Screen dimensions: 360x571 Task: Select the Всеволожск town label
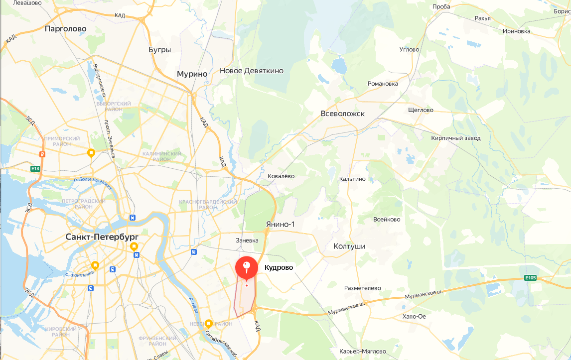[x=342, y=114]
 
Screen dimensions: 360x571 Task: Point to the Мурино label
[x=192, y=74]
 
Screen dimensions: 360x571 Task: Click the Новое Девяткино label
[x=252, y=71]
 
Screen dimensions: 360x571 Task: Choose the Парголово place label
[x=65, y=29]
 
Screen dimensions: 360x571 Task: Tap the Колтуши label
[x=349, y=246]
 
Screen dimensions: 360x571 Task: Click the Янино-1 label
[x=280, y=224]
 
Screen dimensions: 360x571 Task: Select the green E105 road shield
[x=530, y=278]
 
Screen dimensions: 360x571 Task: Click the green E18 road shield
[x=35, y=169]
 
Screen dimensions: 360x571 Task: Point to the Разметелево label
[x=362, y=288]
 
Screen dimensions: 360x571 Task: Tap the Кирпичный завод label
[x=456, y=138]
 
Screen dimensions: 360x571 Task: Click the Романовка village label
[x=383, y=84]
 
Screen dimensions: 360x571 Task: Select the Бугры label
[x=159, y=50]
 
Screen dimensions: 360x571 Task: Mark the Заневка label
[x=247, y=240]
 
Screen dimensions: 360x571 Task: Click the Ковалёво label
[x=281, y=176]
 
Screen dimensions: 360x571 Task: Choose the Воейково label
[x=387, y=219]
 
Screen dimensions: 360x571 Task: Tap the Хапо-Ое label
[x=414, y=316]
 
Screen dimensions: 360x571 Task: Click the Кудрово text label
[x=279, y=267]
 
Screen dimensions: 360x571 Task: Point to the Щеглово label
[x=421, y=110]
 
